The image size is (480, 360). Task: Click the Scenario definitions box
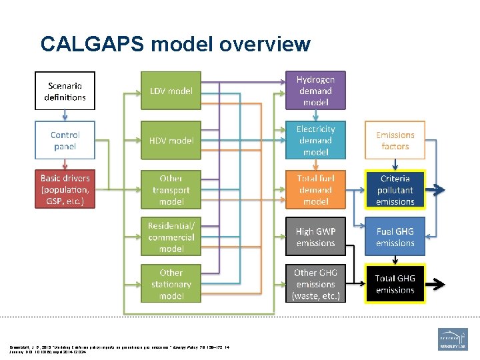pyautogui.click(x=65, y=91)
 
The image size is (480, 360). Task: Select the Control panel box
pyautogui.click(x=65, y=140)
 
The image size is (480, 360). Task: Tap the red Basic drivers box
pyautogui.click(x=65, y=189)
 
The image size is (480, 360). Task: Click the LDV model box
pyautogui.click(x=171, y=91)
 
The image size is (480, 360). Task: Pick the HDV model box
pyautogui.click(x=171, y=140)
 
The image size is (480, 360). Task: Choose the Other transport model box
pyautogui.click(x=171, y=189)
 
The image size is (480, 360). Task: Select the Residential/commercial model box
pyautogui.click(x=171, y=237)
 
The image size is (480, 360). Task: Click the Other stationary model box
pyautogui.click(x=171, y=284)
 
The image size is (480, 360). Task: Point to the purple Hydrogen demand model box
pyautogui.click(x=315, y=91)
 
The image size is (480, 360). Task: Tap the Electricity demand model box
pyautogui.click(x=315, y=140)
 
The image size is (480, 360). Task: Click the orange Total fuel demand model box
pyautogui.click(x=315, y=189)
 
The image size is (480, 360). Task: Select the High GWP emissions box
pyautogui.click(x=315, y=237)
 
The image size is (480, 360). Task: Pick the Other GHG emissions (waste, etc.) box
pyautogui.click(x=315, y=284)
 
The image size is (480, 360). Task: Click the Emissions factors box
pyautogui.click(x=395, y=140)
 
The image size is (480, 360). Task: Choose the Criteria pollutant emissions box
pyautogui.click(x=395, y=189)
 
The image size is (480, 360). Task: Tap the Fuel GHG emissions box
pyautogui.click(x=395, y=237)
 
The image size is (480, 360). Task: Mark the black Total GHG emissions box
pyautogui.click(x=395, y=284)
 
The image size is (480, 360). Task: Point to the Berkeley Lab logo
pyautogui.click(x=452, y=339)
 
